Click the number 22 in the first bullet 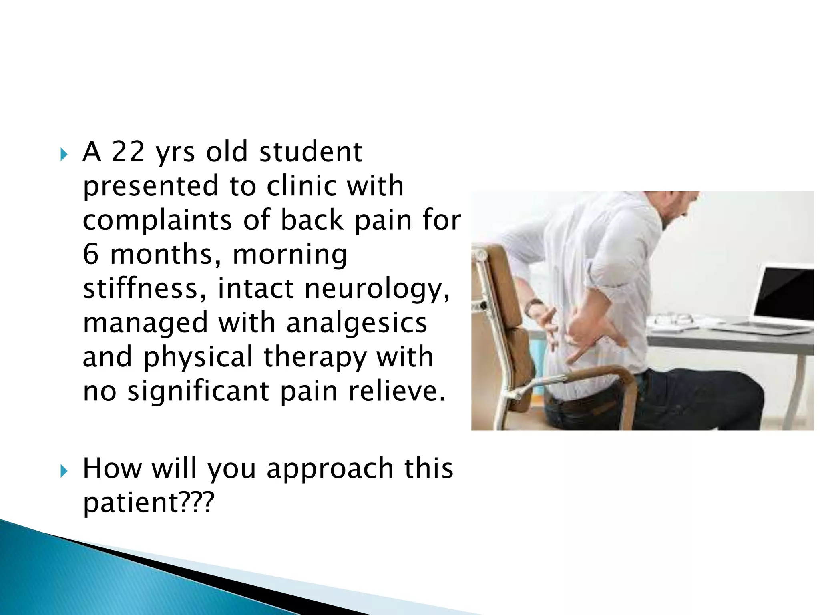coord(128,152)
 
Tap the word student coord(311,152)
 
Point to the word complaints coord(157,221)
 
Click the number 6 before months coord(90,255)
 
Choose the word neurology coord(377,289)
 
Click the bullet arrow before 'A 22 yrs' coord(64,154)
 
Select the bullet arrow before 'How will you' coord(64,471)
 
